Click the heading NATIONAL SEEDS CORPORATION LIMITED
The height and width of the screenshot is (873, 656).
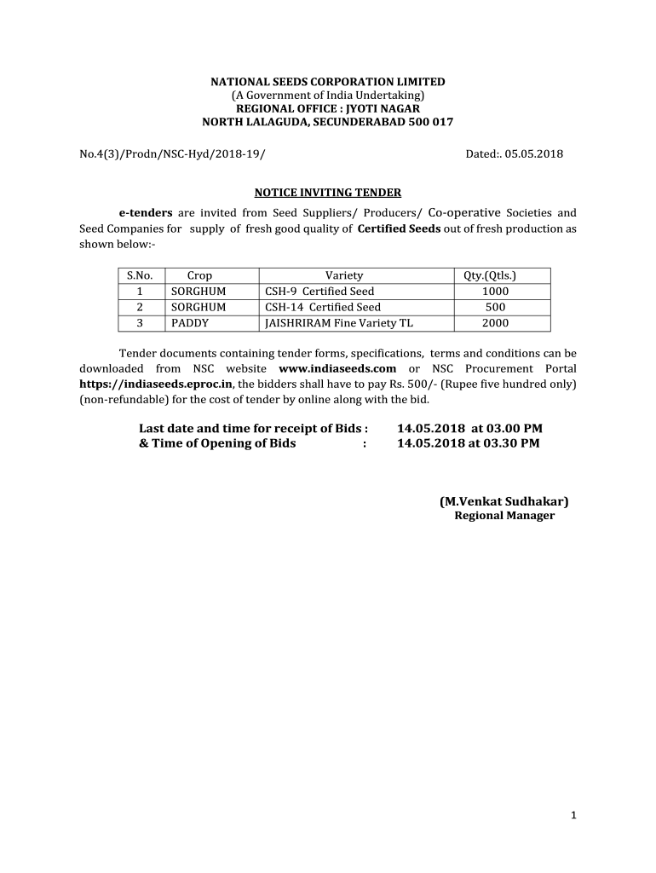[328, 82]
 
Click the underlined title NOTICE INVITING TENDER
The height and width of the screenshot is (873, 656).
[328, 193]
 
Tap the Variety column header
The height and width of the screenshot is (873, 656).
[343, 275]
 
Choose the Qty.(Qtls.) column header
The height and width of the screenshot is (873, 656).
[489, 275]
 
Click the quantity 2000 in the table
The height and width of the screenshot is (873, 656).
[495, 323]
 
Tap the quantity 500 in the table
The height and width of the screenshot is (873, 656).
[495, 307]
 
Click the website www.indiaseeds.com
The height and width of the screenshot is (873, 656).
[338, 368]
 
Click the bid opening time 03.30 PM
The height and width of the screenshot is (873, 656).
[511, 443]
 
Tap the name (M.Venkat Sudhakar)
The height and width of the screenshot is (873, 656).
[504, 500]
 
